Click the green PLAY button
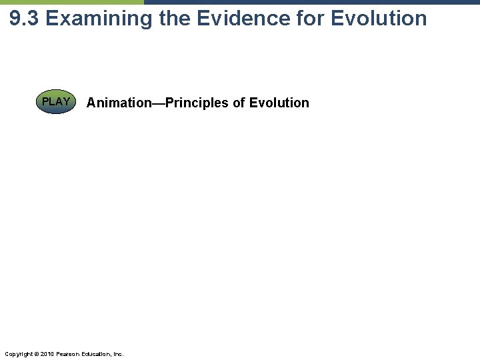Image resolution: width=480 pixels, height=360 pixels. [x=57, y=103]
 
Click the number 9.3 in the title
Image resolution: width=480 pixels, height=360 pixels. [x=25, y=18]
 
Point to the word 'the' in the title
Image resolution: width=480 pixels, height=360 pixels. [x=173, y=18]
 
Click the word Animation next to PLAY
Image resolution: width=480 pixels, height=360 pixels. [x=118, y=103]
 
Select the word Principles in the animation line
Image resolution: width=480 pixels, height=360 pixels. [x=199, y=103]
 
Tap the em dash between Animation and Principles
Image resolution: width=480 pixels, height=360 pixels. [x=157, y=103]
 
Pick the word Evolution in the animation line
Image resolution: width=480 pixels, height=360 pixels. [x=279, y=103]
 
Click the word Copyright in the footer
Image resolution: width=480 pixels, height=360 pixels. [x=17, y=353]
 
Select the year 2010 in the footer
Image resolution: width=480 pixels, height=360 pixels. [x=46, y=353]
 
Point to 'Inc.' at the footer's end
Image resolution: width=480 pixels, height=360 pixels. [x=117, y=353]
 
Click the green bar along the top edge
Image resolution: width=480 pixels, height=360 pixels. [x=71, y=2]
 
